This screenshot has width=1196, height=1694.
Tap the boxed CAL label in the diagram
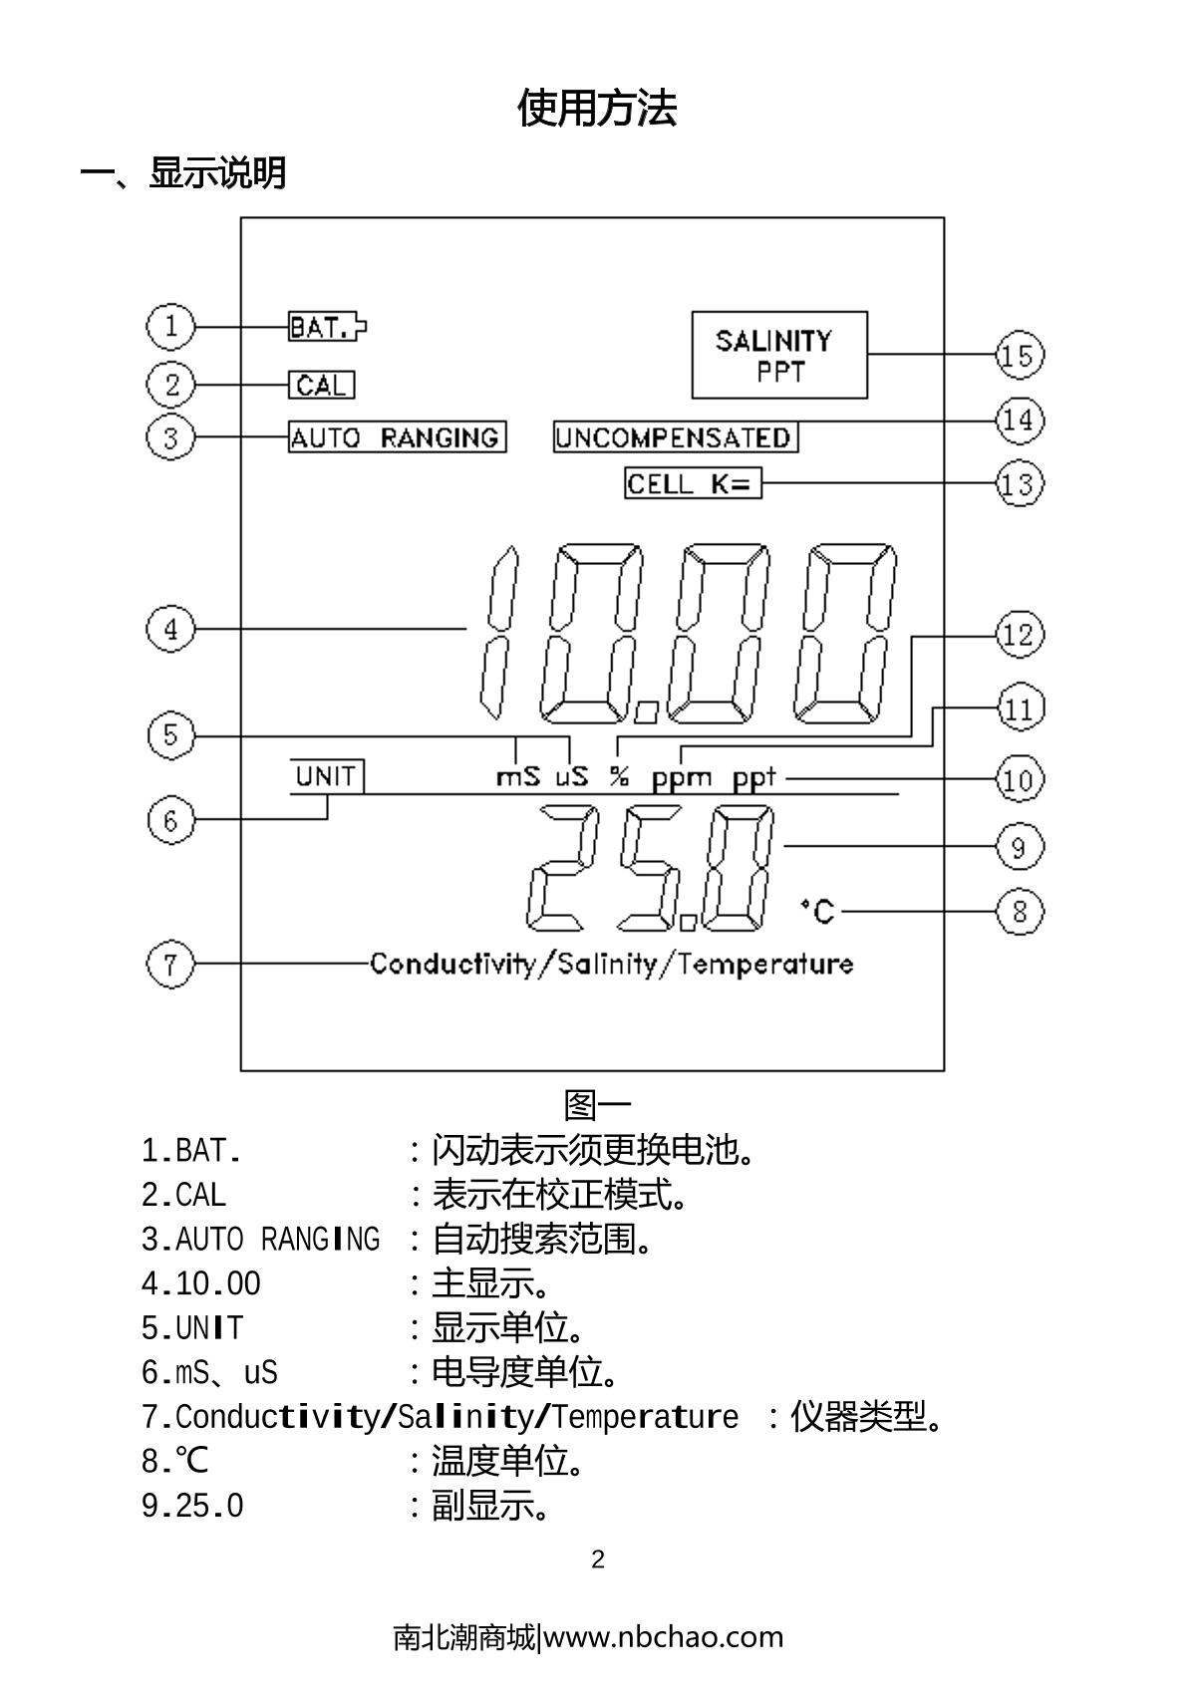click(x=321, y=385)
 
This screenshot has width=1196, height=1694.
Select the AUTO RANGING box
click(x=397, y=437)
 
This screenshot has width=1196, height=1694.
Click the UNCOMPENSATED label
click(x=676, y=437)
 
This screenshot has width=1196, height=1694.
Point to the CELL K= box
click(x=693, y=484)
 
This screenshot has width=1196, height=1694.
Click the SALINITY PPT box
click(x=779, y=355)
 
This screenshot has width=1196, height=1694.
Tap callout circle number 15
click(x=1019, y=356)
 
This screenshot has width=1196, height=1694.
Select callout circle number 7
click(x=170, y=965)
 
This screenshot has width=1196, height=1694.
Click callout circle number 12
click(x=1019, y=635)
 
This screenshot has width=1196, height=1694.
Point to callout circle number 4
click(x=170, y=630)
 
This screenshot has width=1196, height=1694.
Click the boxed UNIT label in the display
click(x=327, y=776)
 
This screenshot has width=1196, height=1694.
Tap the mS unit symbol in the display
click(x=517, y=776)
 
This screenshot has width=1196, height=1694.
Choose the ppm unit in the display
click(x=682, y=777)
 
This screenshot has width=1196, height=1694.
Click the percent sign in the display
click(x=619, y=776)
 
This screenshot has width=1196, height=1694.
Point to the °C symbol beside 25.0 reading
click(x=818, y=911)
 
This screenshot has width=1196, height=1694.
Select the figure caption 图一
click(x=597, y=1105)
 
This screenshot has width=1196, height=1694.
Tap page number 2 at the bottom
click(x=598, y=1559)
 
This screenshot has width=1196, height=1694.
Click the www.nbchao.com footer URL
click(x=663, y=1637)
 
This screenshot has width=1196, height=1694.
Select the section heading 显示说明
click(x=217, y=173)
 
